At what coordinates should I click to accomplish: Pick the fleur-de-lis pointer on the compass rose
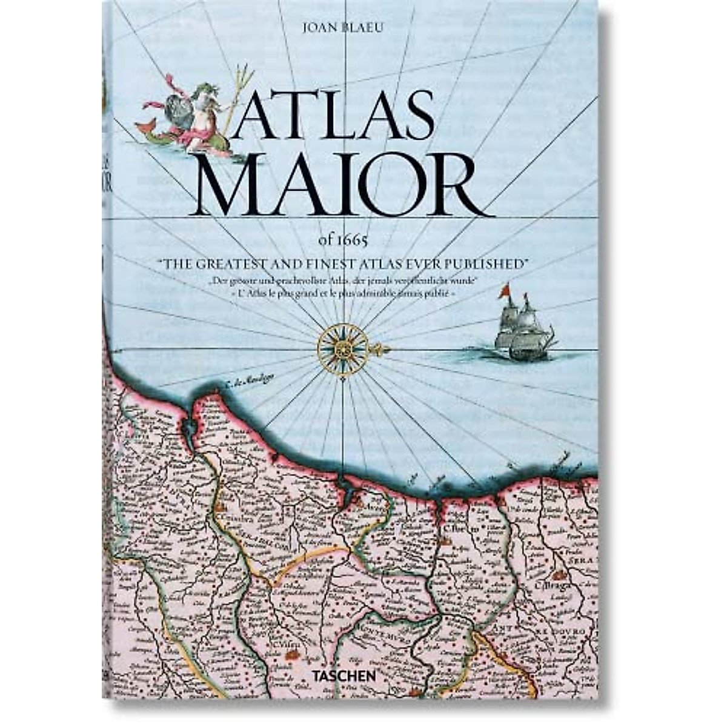[x=379, y=349]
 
